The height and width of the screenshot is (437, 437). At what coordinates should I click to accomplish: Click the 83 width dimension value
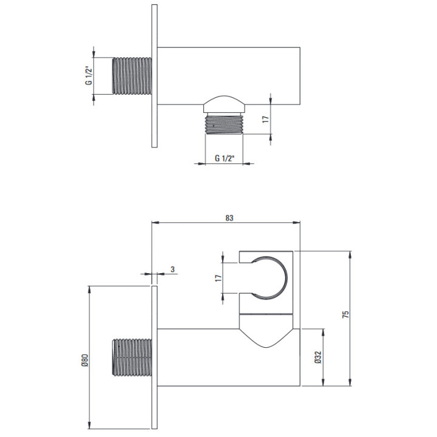229,218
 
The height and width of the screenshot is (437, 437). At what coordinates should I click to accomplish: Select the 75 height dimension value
345,314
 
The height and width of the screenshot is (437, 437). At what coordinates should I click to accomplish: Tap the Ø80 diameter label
85,360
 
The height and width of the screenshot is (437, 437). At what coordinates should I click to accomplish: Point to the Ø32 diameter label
318,357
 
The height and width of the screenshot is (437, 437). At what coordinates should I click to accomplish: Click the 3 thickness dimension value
172,269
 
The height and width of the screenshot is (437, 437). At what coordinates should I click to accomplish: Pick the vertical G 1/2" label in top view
89,75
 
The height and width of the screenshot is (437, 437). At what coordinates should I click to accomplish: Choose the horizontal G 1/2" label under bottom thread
225,158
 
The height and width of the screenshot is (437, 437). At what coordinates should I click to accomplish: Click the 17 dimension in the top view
266,120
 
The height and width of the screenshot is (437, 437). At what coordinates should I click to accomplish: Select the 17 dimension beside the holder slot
218,278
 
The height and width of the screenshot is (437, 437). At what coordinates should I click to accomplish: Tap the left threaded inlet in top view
132,76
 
